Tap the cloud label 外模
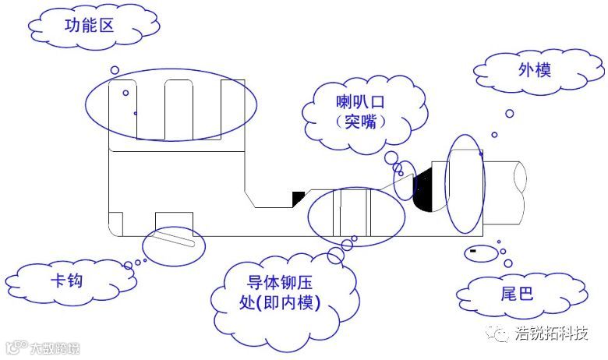(536, 71)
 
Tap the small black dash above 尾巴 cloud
(472, 251)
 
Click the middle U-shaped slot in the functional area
(181, 109)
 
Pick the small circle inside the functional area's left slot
(125, 93)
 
